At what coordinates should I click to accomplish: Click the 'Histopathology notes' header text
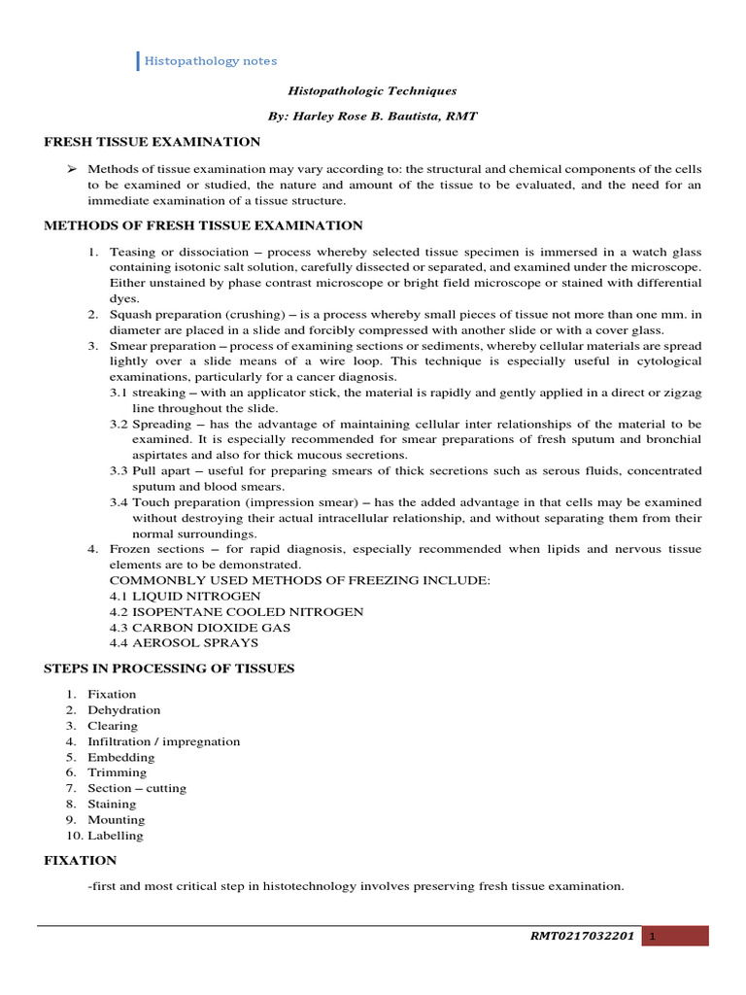click(x=210, y=61)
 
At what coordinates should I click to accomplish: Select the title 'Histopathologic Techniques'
click(x=371, y=90)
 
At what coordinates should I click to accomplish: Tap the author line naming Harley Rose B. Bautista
click(x=371, y=116)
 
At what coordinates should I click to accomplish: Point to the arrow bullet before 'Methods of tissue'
click(x=71, y=169)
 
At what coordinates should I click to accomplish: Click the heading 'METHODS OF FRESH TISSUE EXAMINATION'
click(x=204, y=225)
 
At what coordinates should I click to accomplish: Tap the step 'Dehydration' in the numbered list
click(x=123, y=710)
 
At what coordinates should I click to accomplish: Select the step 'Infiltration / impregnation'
click(x=163, y=741)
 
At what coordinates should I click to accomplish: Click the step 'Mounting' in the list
click(x=116, y=819)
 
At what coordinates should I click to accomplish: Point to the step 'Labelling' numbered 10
click(x=115, y=835)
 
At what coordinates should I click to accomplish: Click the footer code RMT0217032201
click(x=582, y=937)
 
